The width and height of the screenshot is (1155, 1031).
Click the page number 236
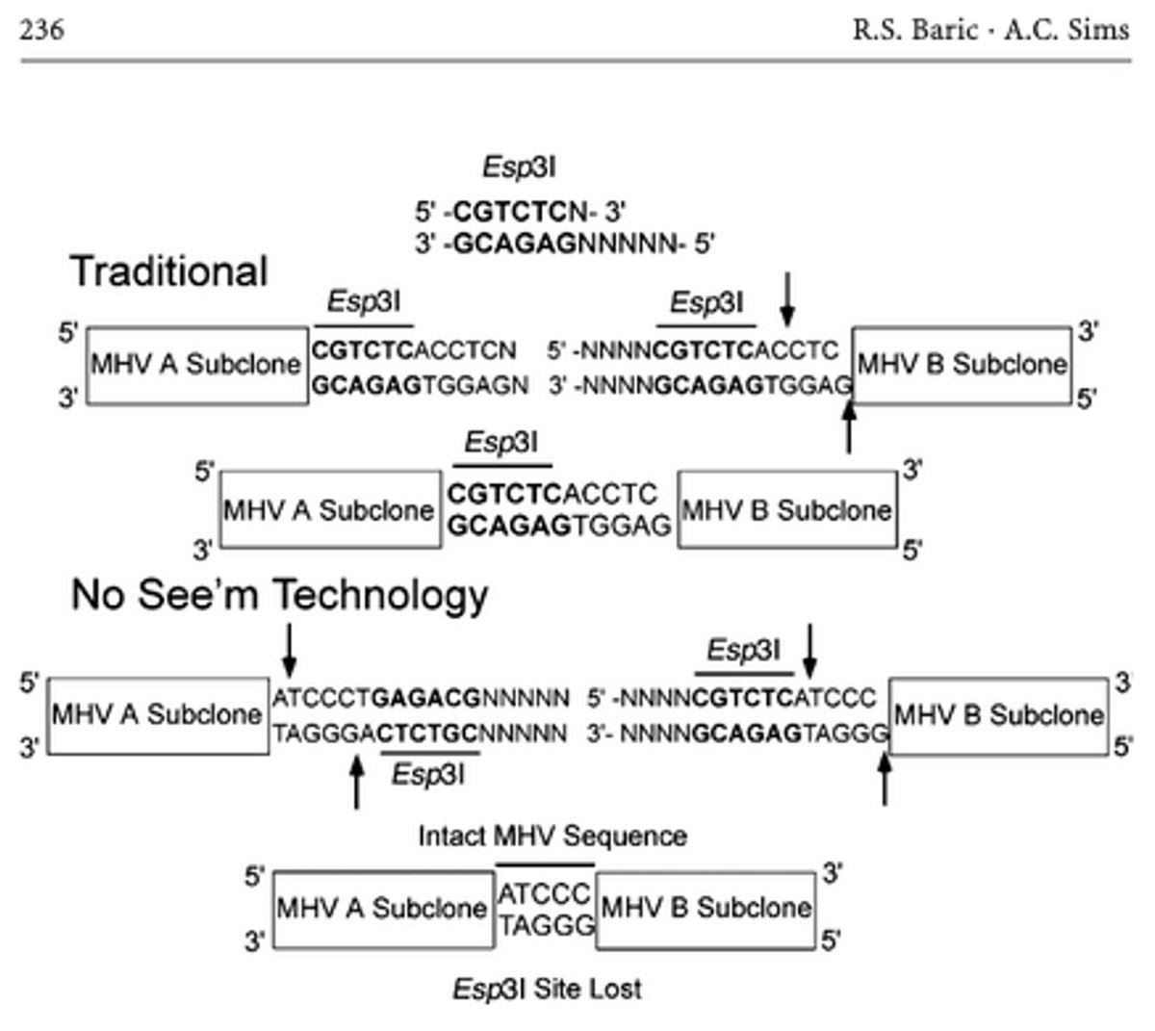pos(42,30)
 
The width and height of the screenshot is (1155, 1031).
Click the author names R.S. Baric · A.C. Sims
pos(989,30)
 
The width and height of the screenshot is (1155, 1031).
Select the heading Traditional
pos(168,271)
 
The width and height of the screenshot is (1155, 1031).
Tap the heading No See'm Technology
pos(279,596)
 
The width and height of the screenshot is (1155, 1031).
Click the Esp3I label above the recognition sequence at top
pos(519,168)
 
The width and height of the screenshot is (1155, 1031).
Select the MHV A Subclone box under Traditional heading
pos(196,365)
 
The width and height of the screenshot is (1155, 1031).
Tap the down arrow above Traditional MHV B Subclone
pos(788,297)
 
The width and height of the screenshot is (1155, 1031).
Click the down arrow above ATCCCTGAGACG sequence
pos(289,650)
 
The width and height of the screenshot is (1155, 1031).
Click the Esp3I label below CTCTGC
pos(427,774)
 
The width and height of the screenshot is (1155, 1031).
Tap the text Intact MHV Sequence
pos(552,836)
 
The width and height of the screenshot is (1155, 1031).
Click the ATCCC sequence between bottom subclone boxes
pos(544,895)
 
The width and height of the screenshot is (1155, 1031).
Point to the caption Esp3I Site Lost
pos(546,989)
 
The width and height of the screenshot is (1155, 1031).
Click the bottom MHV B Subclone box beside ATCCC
pos(706,908)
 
